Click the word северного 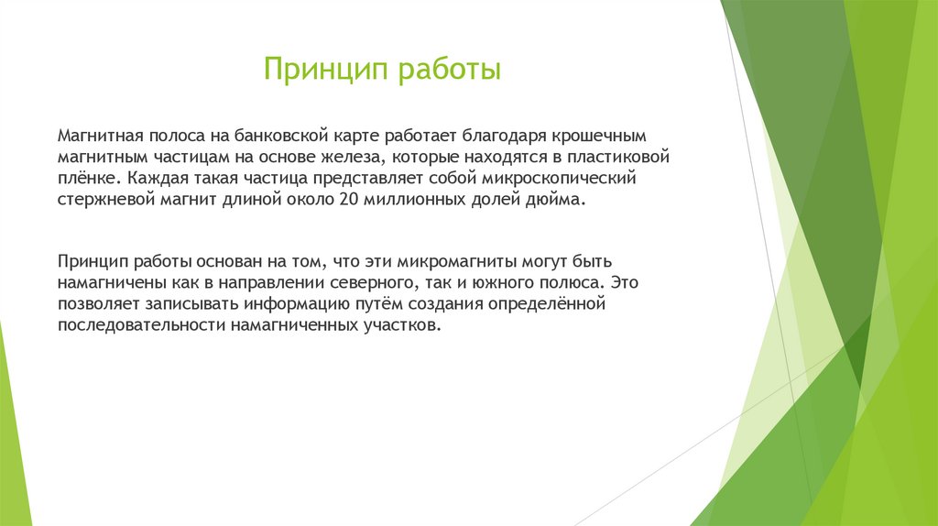click(x=369, y=283)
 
